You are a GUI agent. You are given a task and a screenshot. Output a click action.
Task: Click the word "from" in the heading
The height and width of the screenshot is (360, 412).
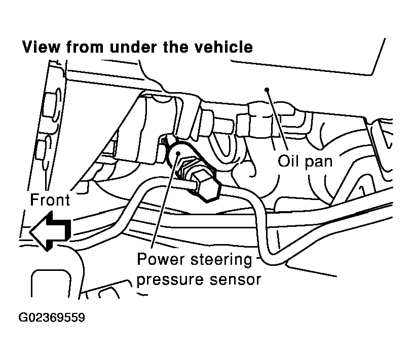click(85, 47)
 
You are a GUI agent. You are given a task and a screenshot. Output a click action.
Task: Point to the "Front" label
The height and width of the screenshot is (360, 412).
click(50, 199)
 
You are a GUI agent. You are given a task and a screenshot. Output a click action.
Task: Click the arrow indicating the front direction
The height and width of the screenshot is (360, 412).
click(49, 231)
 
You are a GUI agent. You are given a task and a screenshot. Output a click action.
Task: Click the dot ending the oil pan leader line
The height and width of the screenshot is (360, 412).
click(266, 90)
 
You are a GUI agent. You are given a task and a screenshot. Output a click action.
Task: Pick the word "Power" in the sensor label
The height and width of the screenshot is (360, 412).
click(159, 260)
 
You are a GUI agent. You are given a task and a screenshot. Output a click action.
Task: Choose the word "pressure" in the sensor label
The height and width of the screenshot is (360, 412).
click(168, 279)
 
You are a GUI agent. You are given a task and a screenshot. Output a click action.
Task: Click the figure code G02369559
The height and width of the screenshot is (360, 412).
click(52, 318)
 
